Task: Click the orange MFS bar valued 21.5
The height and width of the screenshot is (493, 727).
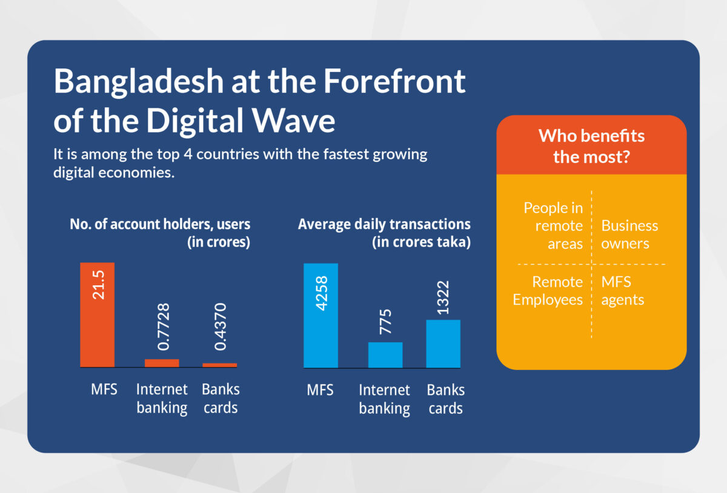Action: click(x=97, y=315)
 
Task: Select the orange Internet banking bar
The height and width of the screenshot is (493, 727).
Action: click(x=162, y=363)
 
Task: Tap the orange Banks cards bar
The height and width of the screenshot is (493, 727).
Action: click(x=219, y=365)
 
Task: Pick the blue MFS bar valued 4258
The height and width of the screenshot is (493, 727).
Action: click(x=320, y=315)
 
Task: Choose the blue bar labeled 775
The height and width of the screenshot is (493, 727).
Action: click(x=385, y=355)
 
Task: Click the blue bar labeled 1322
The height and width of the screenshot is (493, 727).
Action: click(x=443, y=343)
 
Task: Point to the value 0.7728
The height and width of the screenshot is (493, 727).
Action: click(x=162, y=327)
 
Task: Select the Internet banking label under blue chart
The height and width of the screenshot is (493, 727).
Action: click(x=384, y=399)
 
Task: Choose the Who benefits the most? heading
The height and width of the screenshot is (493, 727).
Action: click(x=591, y=146)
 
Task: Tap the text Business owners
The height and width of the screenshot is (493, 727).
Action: click(x=629, y=234)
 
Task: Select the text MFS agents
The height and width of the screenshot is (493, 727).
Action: click(x=622, y=291)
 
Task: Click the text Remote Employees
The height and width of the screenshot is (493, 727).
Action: click(x=548, y=291)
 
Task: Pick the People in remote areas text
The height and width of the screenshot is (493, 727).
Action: click(x=553, y=226)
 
